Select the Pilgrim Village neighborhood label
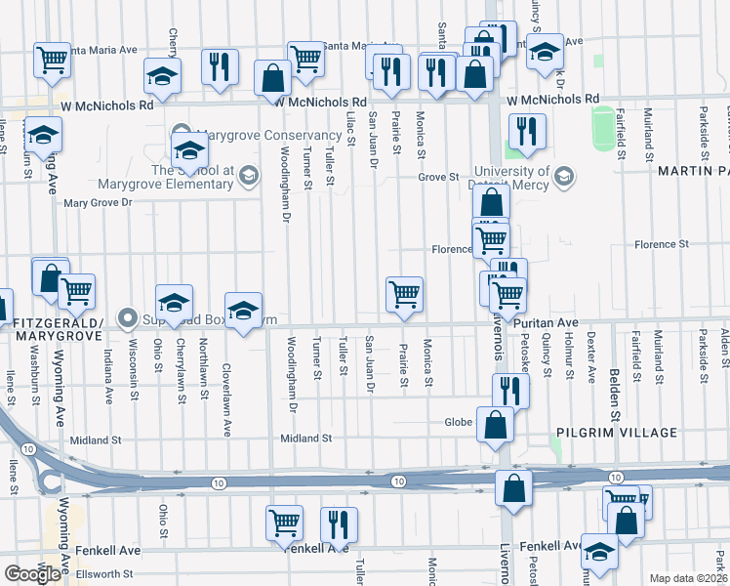[x=616, y=432]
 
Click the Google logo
[x=32, y=573]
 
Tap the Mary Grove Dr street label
[x=97, y=203]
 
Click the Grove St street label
[x=438, y=177]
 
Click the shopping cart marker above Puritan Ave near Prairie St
[x=404, y=294]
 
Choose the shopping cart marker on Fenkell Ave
[x=284, y=523]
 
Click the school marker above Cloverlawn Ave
[x=243, y=310]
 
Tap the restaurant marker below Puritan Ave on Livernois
[x=510, y=390]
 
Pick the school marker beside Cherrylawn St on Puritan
[x=173, y=302]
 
